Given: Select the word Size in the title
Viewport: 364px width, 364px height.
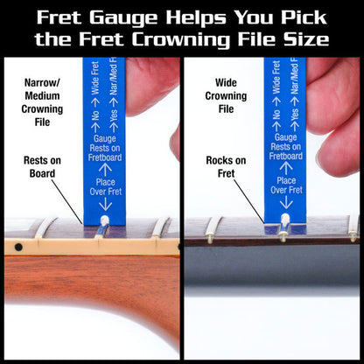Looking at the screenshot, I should tap(306, 38).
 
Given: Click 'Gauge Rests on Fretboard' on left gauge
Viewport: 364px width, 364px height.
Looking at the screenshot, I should tap(104, 145).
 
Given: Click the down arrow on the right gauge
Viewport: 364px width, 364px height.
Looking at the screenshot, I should tap(286, 203).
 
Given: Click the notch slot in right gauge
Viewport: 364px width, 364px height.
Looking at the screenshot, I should tap(285, 226).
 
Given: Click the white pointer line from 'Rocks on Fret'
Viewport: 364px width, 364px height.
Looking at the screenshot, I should tap(252, 198).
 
